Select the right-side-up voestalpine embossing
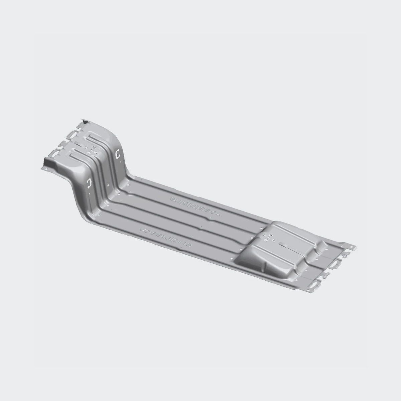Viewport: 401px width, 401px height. [x=166, y=237]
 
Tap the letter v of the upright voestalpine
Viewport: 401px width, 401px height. [x=143, y=230]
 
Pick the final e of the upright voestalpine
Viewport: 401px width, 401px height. [x=189, y=246]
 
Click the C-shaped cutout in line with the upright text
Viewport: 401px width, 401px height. [x=89, y=183]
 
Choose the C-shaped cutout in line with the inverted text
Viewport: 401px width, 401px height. [x=117, y=154]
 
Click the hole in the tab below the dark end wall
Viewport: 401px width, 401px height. [x=45, y=170]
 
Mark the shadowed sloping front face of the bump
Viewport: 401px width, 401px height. [x=249, y=257]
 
